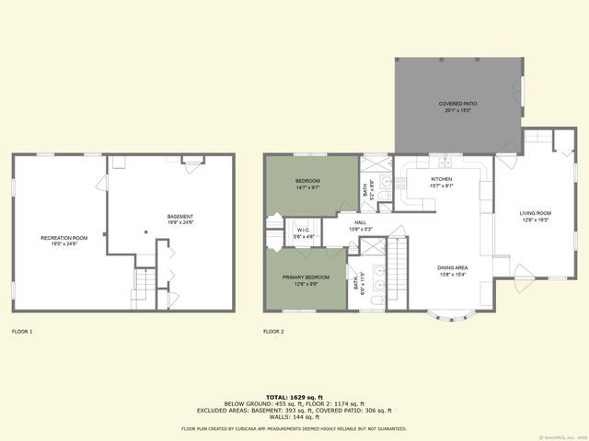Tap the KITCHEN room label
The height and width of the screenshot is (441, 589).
(x=442, y=178)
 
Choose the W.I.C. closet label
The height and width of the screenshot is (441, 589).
(x=304, y=230)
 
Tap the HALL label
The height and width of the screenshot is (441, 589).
(x=361, y=221)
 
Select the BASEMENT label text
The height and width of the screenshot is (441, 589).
(x=180, y=216)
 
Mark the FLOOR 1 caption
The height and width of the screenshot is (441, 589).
(x=22, y=331)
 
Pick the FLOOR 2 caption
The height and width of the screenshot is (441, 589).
(x=273, y=331)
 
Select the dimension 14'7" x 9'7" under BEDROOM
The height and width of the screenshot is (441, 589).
(x=307, y=187)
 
